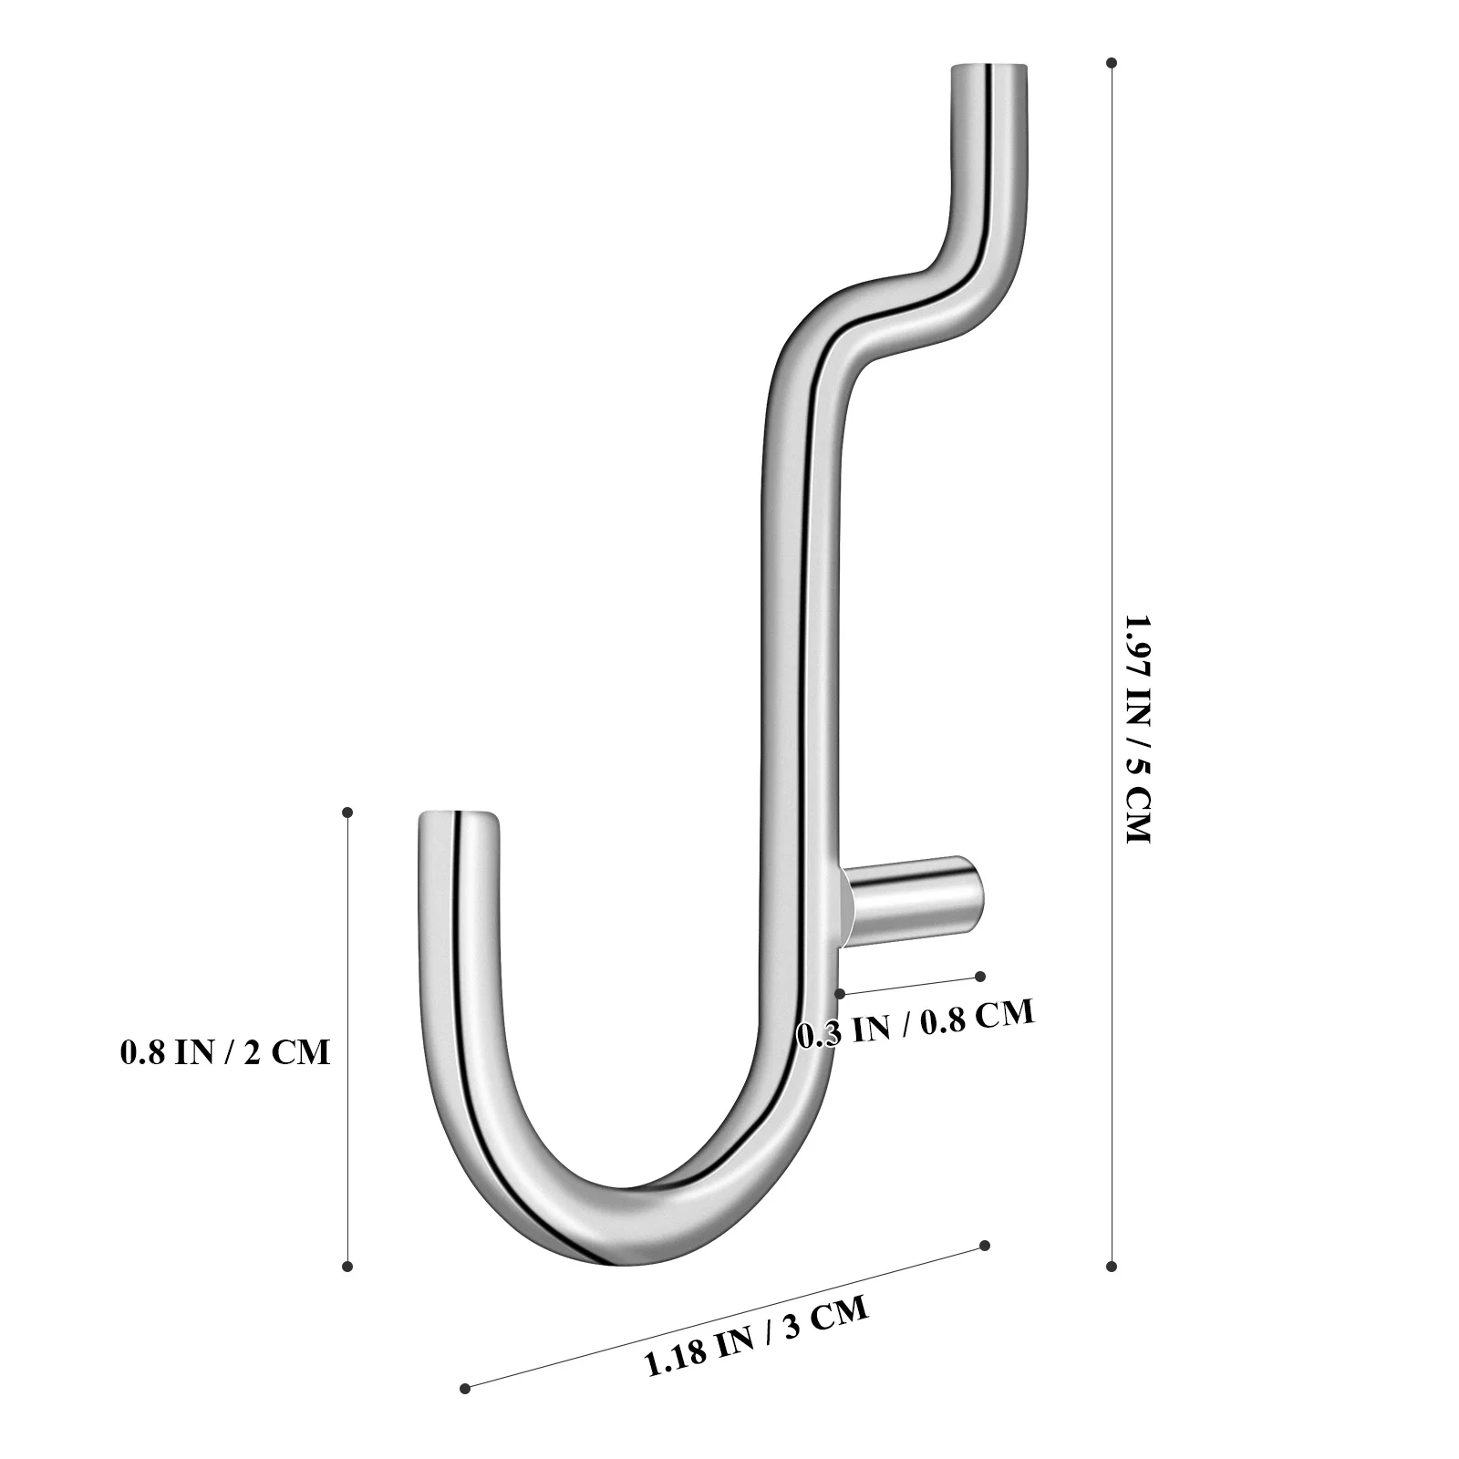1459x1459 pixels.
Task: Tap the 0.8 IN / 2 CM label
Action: click(x=225, y=1052)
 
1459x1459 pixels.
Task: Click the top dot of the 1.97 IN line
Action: click(x=1112, y=63)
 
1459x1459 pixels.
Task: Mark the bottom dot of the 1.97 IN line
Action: click(x=1112, y=1266)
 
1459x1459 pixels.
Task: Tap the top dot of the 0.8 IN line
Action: click(x=347, y=812)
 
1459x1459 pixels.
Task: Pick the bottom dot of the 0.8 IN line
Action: click(x=347, y=1266)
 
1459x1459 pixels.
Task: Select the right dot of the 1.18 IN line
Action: click(x=984, y=1246)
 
